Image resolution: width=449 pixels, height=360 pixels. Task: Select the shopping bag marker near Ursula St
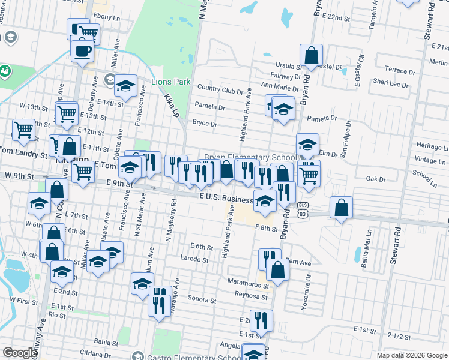(311, 56)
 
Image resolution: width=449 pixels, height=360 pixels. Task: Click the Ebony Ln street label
(107, 17)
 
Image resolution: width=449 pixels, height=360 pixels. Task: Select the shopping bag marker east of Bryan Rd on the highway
(340, 208)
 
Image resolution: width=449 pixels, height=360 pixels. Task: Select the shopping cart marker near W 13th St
(67, 113)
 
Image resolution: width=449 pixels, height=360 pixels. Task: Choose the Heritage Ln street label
(432, 146)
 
